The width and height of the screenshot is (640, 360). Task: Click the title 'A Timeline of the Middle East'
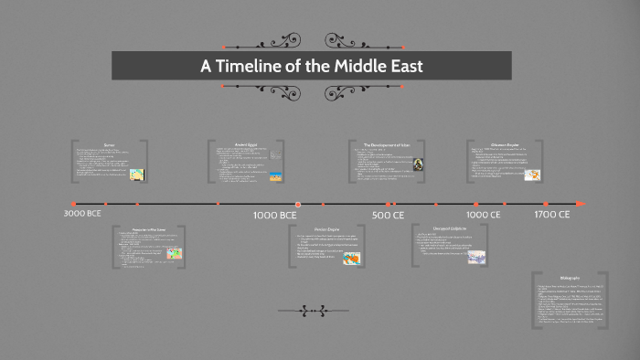coord(312,66)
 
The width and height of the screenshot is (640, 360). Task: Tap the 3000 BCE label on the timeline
coord(83,214)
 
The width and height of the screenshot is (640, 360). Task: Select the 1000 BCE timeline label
coord(274,215)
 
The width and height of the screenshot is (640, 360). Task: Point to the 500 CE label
coord(388,215)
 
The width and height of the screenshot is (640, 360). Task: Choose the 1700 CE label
coord(552,214)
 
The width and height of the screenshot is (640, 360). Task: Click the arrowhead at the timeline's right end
coord(581,203)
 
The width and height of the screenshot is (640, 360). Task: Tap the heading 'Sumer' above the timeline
coord(108,144)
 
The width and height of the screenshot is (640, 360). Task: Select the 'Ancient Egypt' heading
coord(245,144)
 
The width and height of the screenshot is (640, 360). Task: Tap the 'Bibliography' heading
coord(571,277)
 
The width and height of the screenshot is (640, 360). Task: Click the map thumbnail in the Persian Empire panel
coord(350,259)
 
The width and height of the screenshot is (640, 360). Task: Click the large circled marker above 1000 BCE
coord(298,204)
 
